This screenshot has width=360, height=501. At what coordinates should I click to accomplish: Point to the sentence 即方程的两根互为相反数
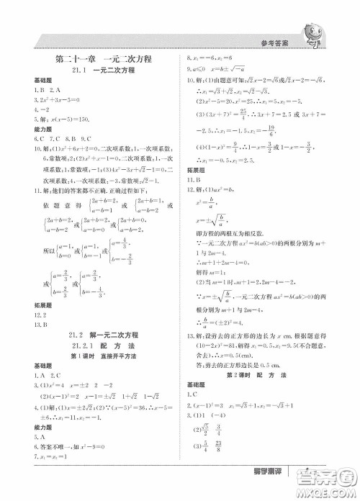(x=230, y=235)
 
